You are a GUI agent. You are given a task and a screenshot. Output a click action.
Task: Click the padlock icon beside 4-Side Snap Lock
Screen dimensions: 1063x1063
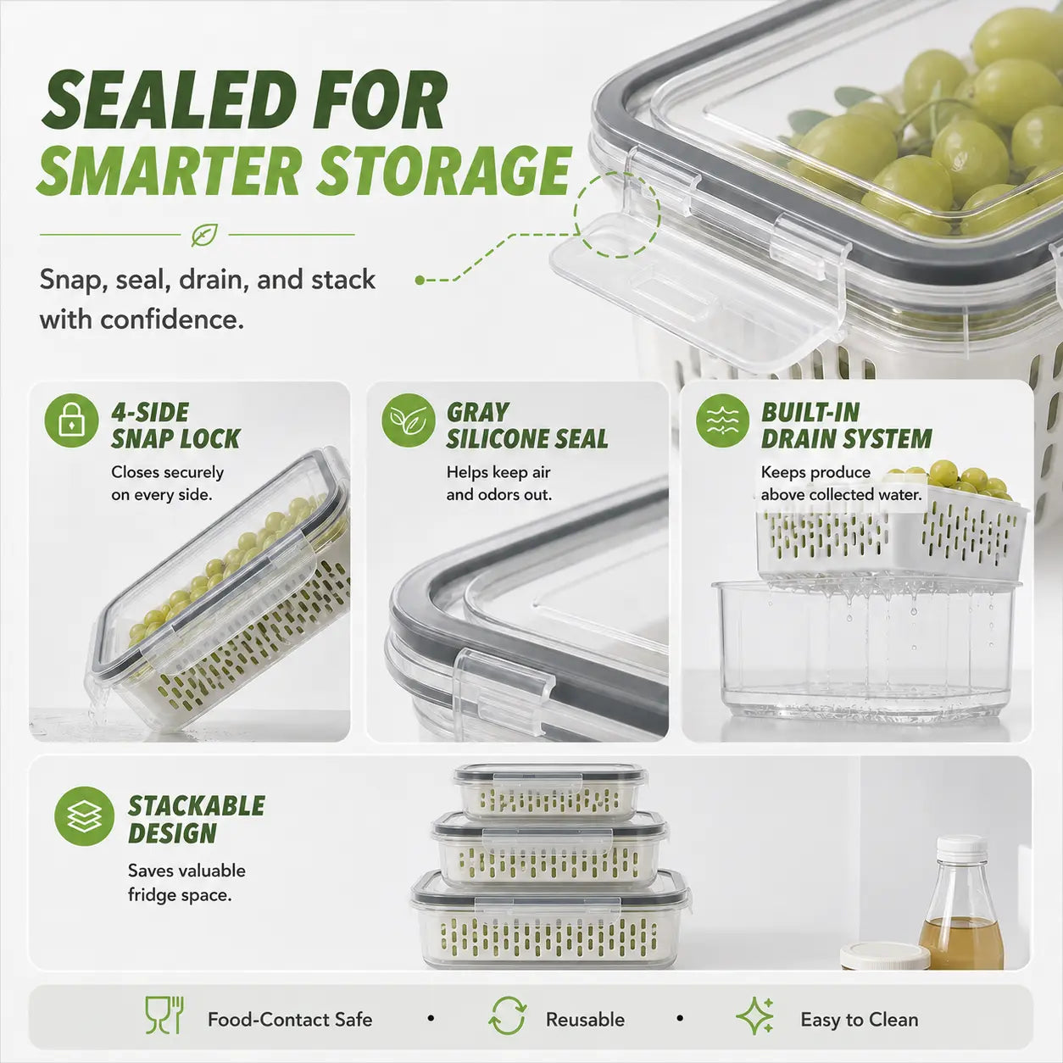pyautogui.click(x=71, y=420)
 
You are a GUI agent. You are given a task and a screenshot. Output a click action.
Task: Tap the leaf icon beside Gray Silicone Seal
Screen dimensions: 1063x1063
pyautogui.click(x=409, y=420)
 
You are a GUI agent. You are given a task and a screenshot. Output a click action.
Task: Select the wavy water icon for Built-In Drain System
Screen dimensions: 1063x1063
pyautogui.click(x=722, y=420)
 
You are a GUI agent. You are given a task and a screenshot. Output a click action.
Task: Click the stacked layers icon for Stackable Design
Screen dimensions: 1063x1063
pyautogui.click(x=85, y=816)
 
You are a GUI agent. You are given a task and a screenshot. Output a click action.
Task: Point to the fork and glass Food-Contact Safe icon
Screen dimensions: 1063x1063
pyautogui.click(x=164, y=1015)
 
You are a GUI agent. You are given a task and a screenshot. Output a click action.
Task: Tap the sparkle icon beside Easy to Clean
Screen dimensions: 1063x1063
pyautogui.click(x=755, y=1016)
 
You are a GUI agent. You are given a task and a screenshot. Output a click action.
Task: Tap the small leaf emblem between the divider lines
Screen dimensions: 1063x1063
pyautogui.click(x=204, y=235)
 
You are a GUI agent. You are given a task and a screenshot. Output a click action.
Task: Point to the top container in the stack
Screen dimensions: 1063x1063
pyautogui.click(x=550, y=792)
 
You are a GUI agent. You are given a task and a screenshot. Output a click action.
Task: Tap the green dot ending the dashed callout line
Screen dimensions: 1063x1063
pyautogui.click(x=420, y=281)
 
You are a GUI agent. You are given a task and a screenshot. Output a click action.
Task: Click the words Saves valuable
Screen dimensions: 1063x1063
pyautogui.click(x=186, y=871)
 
